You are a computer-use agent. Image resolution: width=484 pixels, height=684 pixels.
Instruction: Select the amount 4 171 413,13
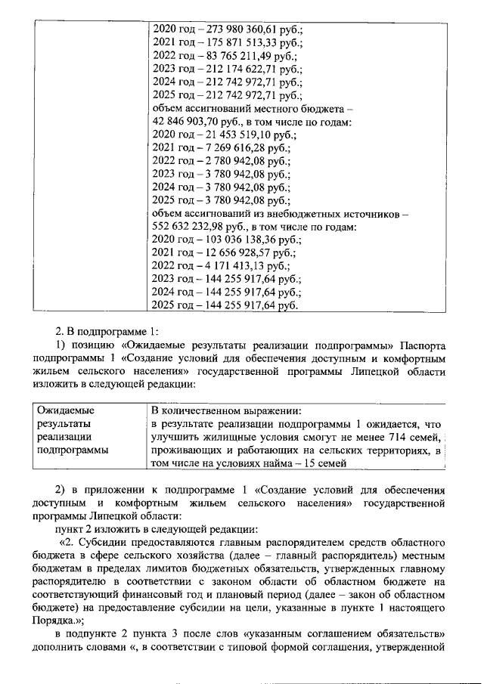click(231, 266)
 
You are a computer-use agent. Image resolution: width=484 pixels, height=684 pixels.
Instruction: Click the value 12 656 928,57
click(234, 253)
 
